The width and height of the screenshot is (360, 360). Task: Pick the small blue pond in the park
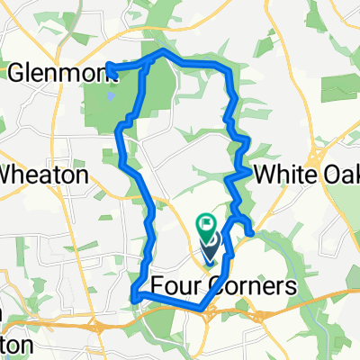tap(110, 93)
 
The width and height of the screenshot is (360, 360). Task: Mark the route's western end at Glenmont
tap(108, 64)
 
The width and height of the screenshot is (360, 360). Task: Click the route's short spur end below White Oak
tap(251, 236)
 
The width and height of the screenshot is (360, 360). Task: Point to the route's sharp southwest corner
tap(133, 294)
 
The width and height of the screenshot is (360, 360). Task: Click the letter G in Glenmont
tap(16, 73)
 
